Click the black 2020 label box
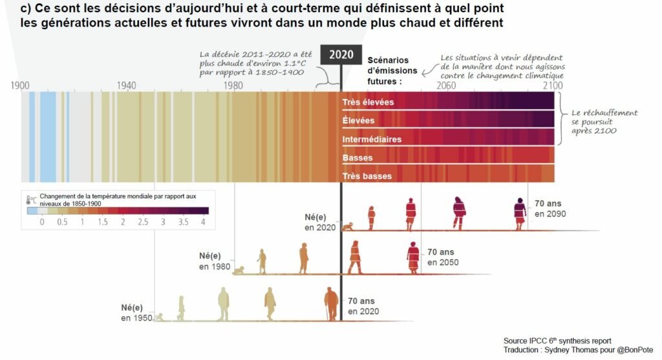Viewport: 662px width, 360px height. (341, 54)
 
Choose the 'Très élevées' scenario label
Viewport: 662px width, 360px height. (368, 102)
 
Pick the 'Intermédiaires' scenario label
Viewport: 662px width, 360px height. (372, 139)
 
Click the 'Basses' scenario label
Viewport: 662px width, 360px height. (358, 158)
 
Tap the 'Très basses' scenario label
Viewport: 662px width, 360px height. (367, 176)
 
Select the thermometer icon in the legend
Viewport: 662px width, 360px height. (30, 200)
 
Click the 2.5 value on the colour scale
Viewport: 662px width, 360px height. (142, 222)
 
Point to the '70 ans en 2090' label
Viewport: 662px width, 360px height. (550, 208)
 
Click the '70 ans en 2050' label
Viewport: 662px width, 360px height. (443, 257)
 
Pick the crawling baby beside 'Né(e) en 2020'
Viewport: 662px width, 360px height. (348, 227)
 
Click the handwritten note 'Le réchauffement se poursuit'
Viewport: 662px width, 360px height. (604, 122)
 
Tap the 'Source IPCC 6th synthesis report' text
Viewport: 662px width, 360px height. (557, 341)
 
